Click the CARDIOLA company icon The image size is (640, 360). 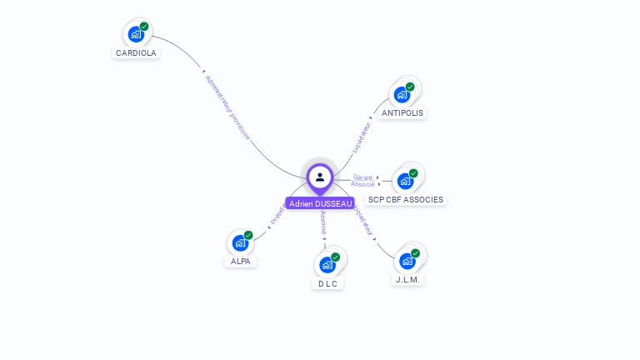coord(136,34)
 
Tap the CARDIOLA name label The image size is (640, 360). coord(136,52)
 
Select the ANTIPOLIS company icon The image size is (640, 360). coord(402,94)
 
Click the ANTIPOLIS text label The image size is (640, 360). coord(402,112)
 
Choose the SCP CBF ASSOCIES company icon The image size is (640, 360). coord(405,181)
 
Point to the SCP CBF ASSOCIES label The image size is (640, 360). coord(406,200)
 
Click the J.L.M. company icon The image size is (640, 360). coord(407,261)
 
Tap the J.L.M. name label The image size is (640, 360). coord(407,280)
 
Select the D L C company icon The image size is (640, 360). coord(327,265)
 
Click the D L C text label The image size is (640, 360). coord(327,283)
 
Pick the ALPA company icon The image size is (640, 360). coord(240,243)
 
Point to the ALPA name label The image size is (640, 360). coord(240,262)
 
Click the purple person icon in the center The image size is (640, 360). coord(320,177)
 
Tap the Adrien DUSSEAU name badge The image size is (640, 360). coord(320,203)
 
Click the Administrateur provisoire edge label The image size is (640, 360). coord(227,108)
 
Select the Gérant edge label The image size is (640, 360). coord(362,177)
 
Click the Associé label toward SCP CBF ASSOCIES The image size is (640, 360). coord(362,184)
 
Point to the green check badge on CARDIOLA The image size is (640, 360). coord(144,27)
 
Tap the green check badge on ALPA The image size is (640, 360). coord(248,236)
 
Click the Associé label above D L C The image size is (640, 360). coord(324,223)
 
